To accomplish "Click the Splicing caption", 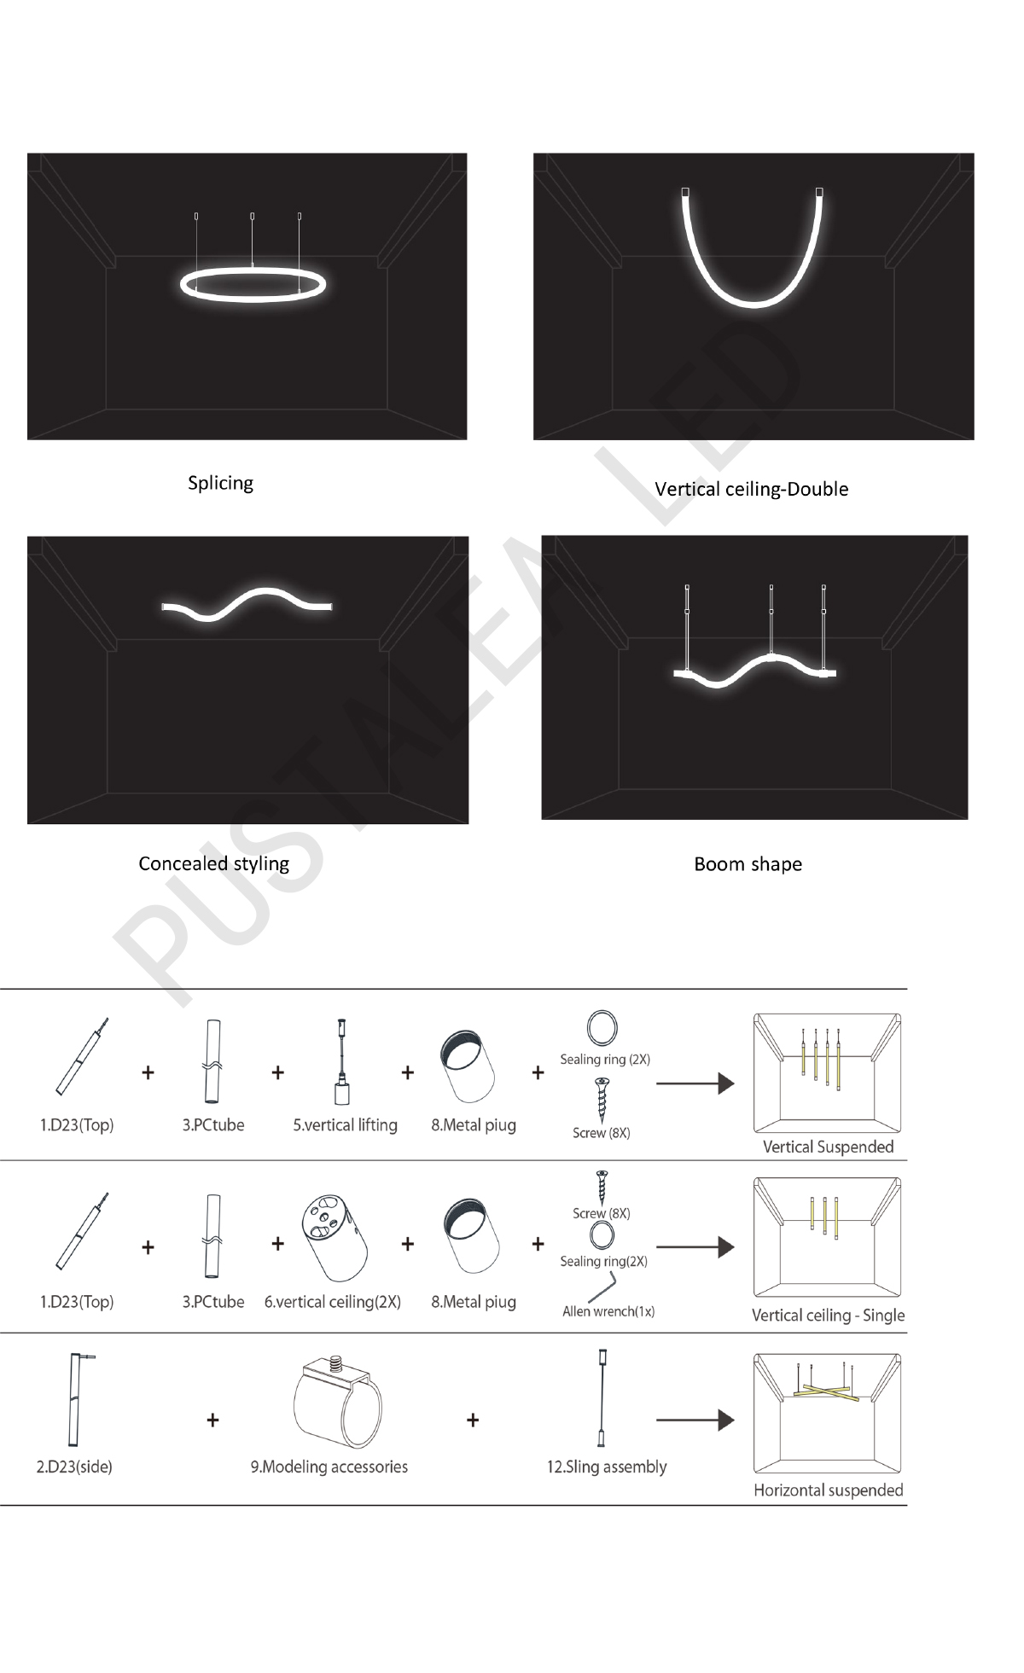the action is (x=220, y=483).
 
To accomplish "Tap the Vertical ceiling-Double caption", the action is (x=751, y=489).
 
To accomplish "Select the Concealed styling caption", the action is (x=213, y=863).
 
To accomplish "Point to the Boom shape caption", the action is (x=748, y=864).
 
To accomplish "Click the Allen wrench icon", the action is (x=602, y=1287).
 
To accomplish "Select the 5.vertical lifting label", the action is (x=345, y=1125).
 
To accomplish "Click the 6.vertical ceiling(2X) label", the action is (x=332, y=1302).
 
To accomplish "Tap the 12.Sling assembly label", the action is (x=607, y=1467).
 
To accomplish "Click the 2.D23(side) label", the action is (x=74, y=1467).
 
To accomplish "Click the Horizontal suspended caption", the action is (x=828, y=1490).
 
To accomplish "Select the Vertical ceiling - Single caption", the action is (x=828, y=1315).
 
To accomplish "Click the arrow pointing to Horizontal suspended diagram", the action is (x=695, y=1420).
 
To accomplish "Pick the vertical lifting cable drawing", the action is (x=342, y=1061).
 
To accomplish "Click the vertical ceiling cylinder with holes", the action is (x=334, y=1237).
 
